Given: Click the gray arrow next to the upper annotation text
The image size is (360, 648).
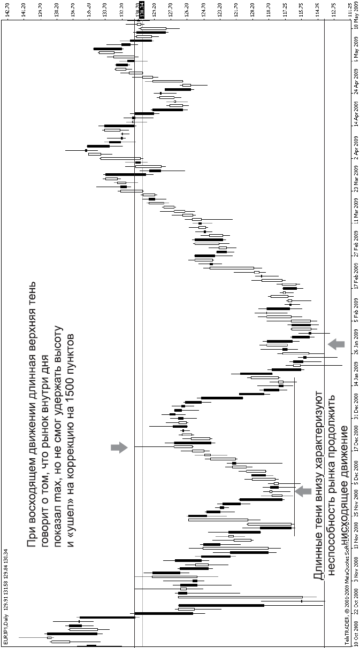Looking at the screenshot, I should [x=119, y=448].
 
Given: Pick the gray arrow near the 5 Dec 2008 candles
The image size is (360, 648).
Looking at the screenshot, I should [x=303, y=491].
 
